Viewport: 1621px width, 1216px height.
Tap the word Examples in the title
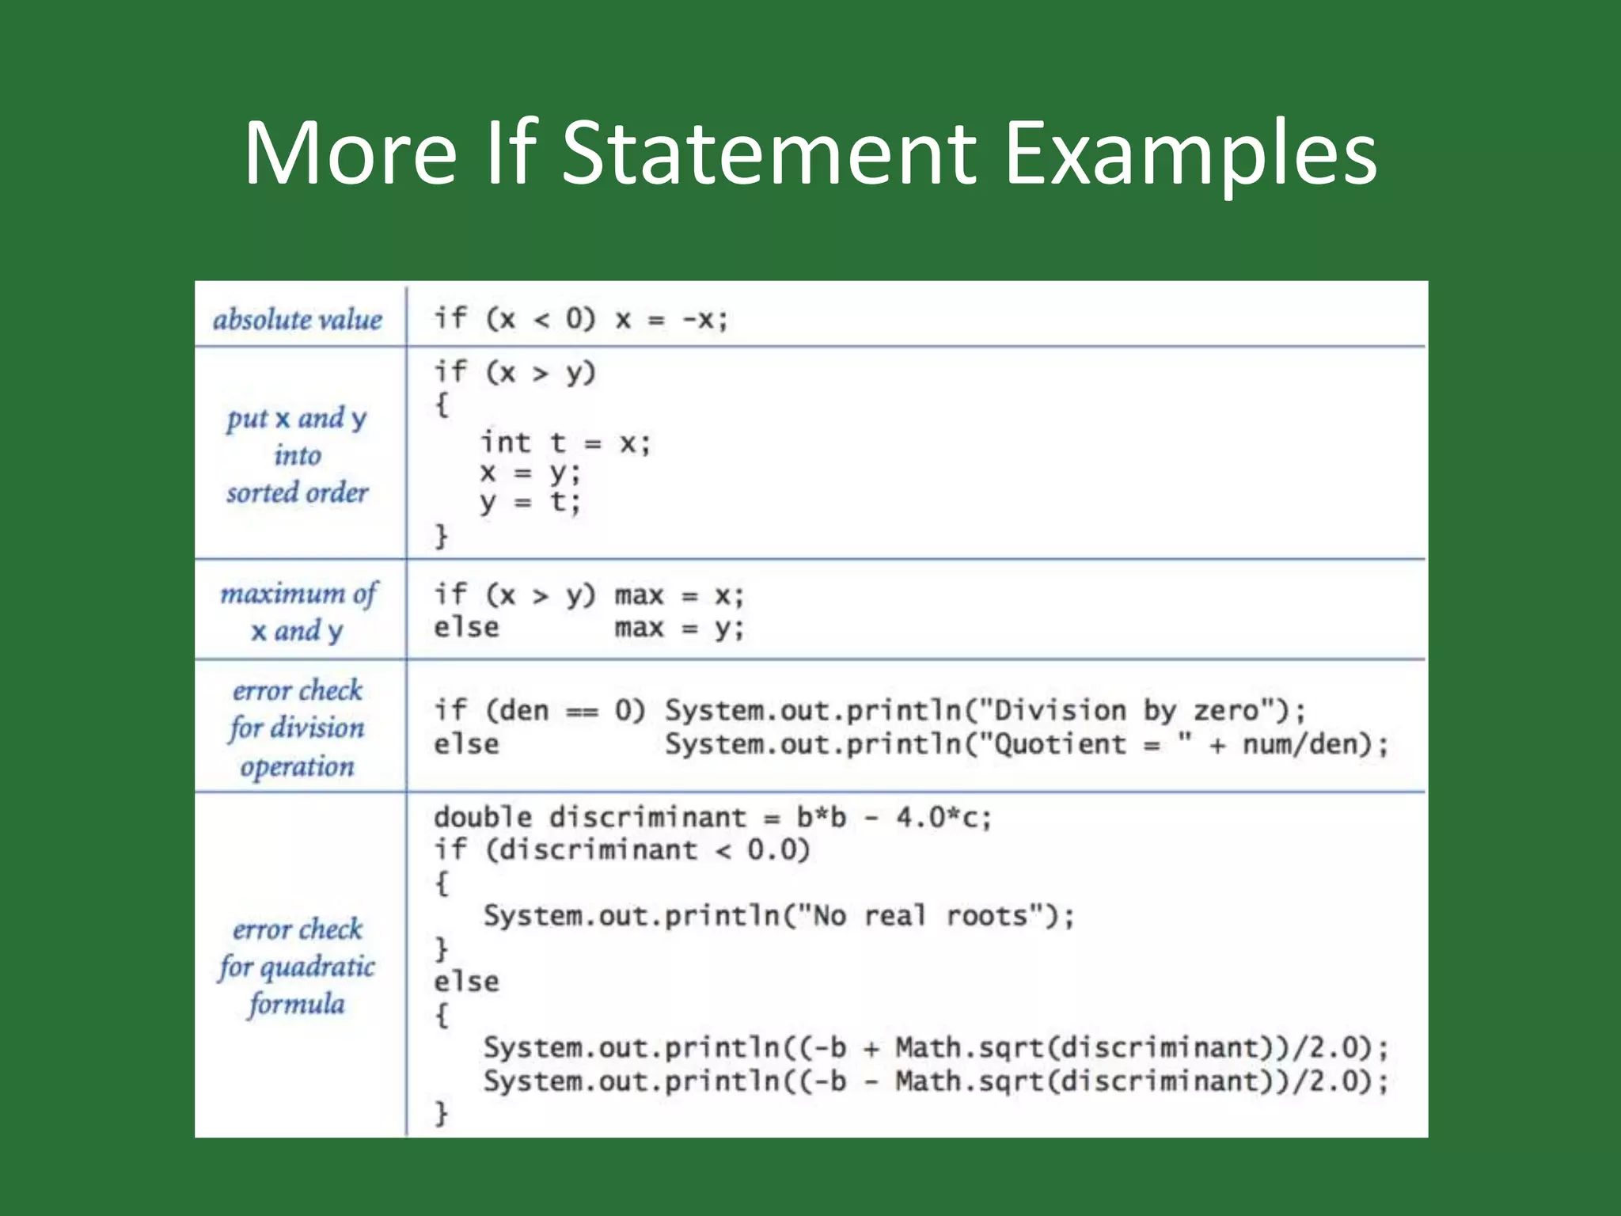click(1190, 154)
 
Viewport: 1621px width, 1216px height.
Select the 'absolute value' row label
click(298, 319)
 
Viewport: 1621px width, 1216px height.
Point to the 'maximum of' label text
click(299, 594)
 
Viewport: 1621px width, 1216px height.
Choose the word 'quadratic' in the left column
click(317, 967)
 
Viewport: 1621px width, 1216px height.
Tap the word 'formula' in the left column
click(298, 1004)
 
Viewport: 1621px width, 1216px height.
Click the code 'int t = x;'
click(565, 443)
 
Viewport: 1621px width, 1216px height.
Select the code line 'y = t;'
click(530, 502)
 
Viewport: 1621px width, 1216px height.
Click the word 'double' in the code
click(483, 817)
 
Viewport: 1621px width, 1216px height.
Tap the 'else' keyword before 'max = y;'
click(466, 628)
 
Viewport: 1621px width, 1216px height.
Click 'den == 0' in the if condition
click(566, 710)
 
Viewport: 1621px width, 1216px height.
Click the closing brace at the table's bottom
click(442, 1112)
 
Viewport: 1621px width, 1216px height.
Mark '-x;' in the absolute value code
click(704, 320)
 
